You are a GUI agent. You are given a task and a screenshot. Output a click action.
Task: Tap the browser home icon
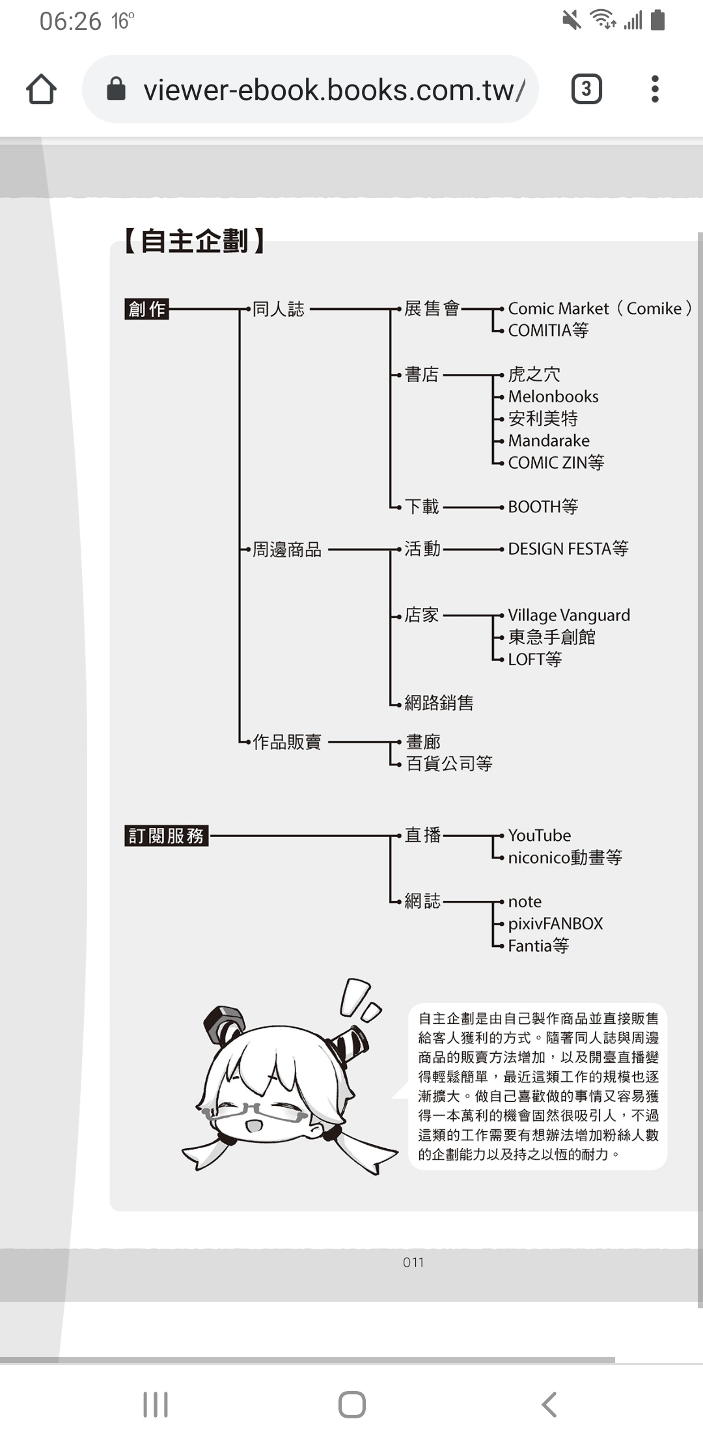click(41, 89)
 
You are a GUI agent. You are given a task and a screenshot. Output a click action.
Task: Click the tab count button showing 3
click(586, 89)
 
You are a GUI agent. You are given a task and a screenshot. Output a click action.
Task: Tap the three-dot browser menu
click(655, 89)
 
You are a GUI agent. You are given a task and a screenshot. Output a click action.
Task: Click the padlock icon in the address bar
click(116, 89)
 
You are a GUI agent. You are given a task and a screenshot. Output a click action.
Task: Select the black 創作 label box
click(146, 309)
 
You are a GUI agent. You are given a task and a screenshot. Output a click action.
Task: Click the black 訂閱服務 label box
click(167, 835)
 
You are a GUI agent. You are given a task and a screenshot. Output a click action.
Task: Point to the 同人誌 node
click(278, 309)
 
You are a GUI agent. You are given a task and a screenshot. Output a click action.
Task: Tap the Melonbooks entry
click(553, 396)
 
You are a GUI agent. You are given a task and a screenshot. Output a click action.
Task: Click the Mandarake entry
click(549, 441)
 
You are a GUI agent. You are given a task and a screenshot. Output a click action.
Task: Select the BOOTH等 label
click(543, 506)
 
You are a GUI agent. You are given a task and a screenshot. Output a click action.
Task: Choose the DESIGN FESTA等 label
click(568, 549)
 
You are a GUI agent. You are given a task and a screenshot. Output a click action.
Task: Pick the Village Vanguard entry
click(569, 615)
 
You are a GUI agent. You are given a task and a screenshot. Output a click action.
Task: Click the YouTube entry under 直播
click(540, 835)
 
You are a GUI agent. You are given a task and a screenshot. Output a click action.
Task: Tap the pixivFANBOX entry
click(555, 924)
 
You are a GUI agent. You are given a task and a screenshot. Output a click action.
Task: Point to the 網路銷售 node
click(439, 702)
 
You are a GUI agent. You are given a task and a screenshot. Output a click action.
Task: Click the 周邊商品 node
click(287, 549)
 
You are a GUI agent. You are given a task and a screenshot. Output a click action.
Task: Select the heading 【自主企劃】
click(194, 241)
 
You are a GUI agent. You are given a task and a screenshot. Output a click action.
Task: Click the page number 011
click(413, 1262)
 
